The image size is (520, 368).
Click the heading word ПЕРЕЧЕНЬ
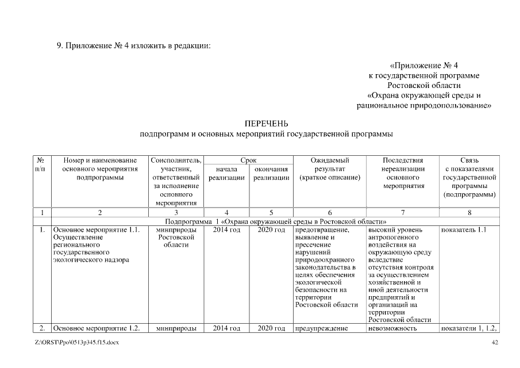click(x=266, y=124)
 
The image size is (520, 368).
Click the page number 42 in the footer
click(x=495, y=343)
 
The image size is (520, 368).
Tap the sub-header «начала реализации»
click(x=226, y=174)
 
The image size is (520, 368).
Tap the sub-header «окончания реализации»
click(x=271, y=174)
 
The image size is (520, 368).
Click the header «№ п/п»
click(x=40, y=164)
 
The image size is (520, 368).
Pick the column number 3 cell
click(x=176, y=213)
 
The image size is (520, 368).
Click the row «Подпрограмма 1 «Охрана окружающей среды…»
click(x=275, y=221)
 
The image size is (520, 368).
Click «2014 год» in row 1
click(x=226, y=230)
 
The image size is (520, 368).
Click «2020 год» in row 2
click(x=271, y=329)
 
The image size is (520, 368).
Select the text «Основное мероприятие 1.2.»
click(x=96, y=329)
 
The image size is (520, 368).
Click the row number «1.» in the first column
click(x=43, y=230)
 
